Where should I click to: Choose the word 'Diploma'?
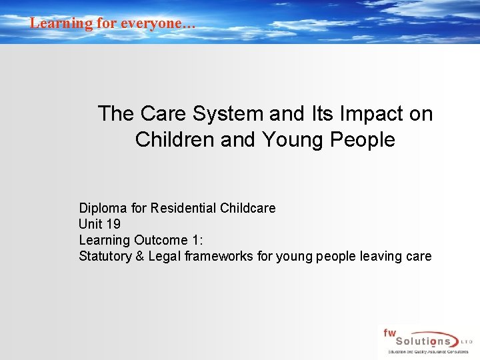coord(101,208)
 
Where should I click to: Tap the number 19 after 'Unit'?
coord(113,224)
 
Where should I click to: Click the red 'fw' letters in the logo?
coord(389,331)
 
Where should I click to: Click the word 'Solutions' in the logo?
coord(427,341)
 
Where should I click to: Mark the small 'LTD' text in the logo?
coord(468,341)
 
